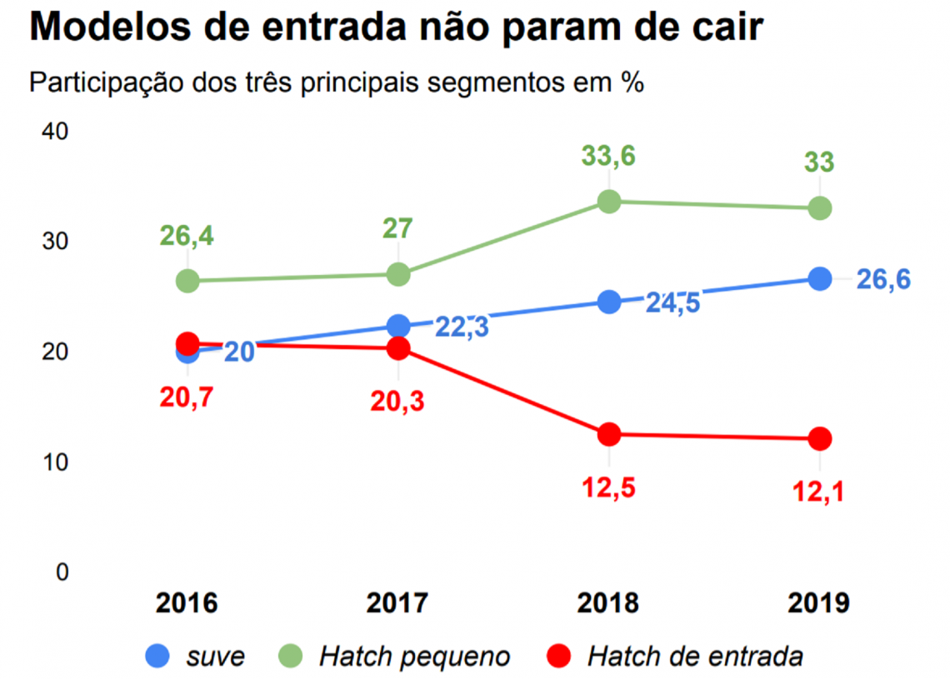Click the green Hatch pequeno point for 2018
pos(609,202)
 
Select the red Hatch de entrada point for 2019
pos(820,438)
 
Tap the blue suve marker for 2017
pos(399,326)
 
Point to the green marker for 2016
pos(188,281)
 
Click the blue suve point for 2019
pos(820,278)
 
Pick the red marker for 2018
pos(609,434)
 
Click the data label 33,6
pos(609,156)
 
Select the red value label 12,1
pos(820,492)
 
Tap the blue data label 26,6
pos(883,279)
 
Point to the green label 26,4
pos(187,236)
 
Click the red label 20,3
pos(397,401)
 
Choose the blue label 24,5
pos(672,303)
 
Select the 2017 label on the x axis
pos(397,603)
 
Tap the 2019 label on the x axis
pos(819,603)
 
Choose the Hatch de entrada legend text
pos(695,657)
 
